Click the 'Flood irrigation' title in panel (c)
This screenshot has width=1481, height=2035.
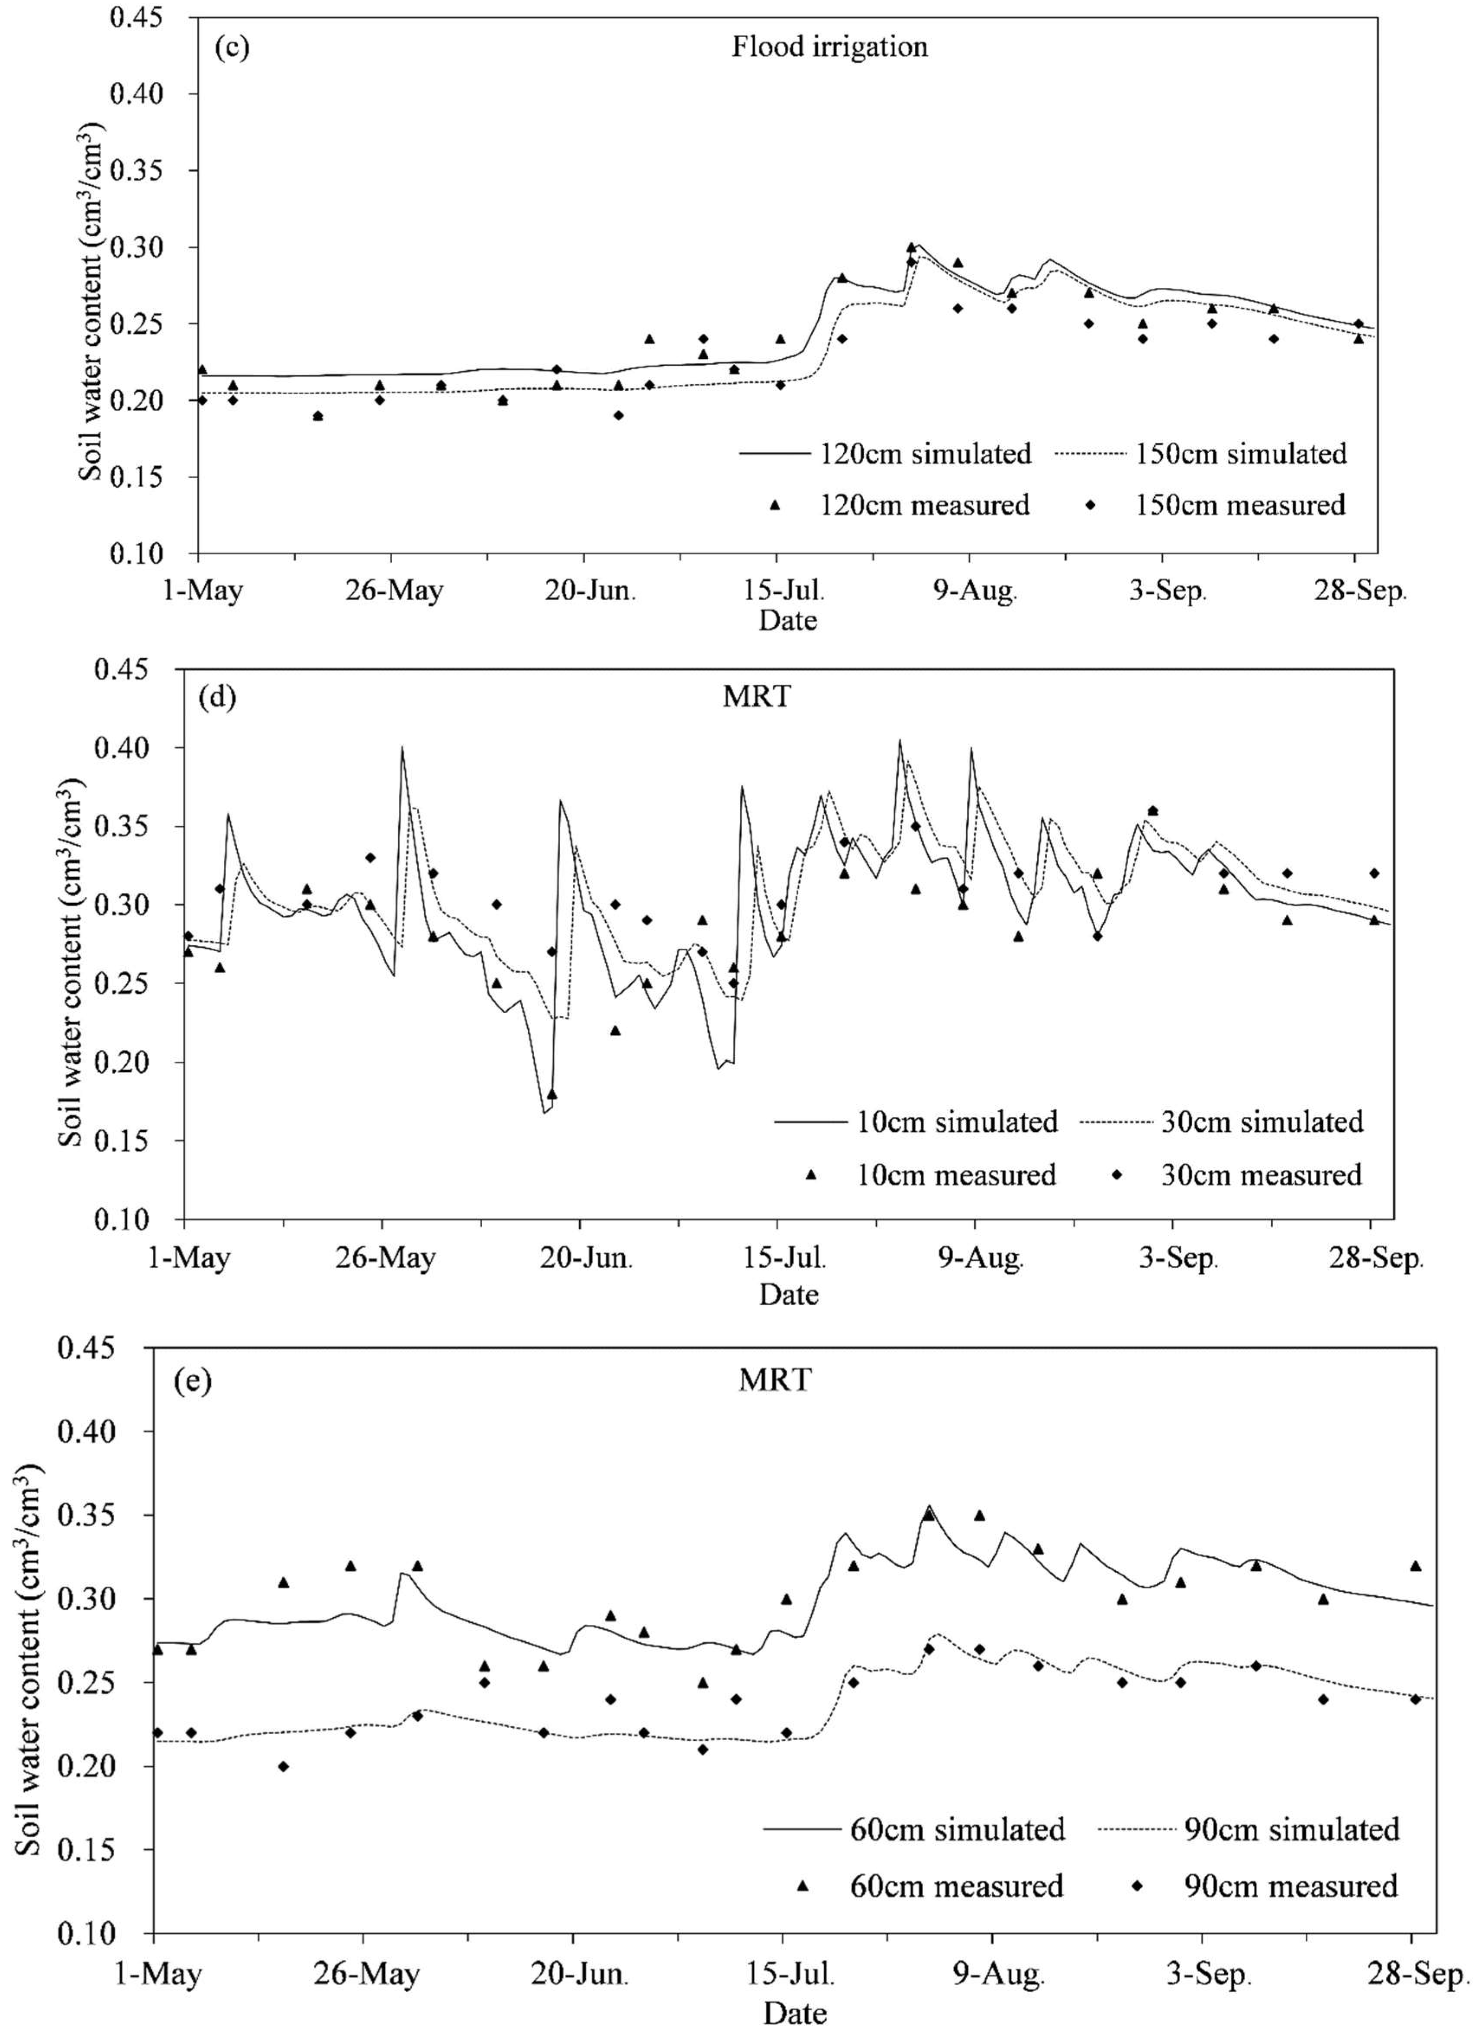829,47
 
